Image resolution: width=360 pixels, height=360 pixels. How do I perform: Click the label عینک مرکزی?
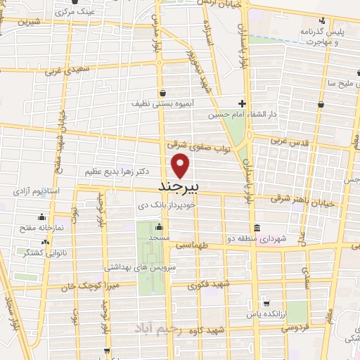tap(75, 13)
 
